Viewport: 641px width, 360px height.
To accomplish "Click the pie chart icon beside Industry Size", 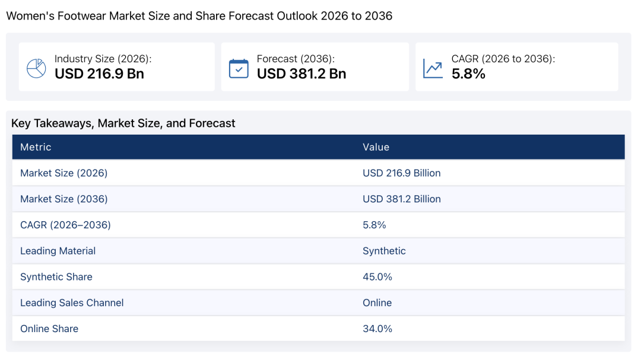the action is [x=36, y=68].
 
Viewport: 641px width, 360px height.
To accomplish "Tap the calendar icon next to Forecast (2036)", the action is [x=239, y=68].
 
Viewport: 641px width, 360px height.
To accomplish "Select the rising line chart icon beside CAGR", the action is [x=433, y=68].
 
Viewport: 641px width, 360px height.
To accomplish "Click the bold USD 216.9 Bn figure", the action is [x=99, y=74].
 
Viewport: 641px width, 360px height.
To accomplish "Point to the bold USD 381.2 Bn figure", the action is [x=302, y=74].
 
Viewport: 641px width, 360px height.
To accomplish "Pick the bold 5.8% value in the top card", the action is [x=468, y=74].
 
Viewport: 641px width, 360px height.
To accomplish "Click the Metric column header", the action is [x=36, y=147].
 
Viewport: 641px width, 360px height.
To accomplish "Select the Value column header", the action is [x=376, y=147].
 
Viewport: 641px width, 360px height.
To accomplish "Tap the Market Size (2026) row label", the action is [x=64, y=173].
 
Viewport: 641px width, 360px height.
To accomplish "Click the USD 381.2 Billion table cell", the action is [x=402, y=199].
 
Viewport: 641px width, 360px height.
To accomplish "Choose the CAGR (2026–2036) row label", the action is [x=65, y=225].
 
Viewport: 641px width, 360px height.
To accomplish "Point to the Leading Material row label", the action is [x=58, y=251].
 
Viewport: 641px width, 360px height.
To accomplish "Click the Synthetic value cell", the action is [x=384, y=251].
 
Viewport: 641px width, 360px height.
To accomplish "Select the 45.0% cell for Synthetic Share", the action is [x=377, y=277].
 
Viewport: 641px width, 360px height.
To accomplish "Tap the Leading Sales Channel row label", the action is [x=72, y=303].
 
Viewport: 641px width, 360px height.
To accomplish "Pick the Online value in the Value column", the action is [x=377, y=303].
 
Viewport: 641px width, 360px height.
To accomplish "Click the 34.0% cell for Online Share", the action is [x=377, y=329].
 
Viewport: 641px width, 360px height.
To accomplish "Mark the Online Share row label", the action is [x=49, y=329].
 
